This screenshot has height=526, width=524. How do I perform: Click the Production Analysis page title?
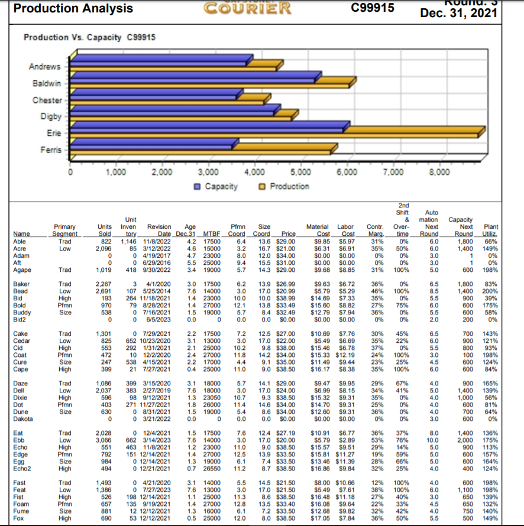73,9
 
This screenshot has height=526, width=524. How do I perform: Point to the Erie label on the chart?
54,134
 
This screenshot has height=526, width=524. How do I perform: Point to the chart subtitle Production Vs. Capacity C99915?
89,37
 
